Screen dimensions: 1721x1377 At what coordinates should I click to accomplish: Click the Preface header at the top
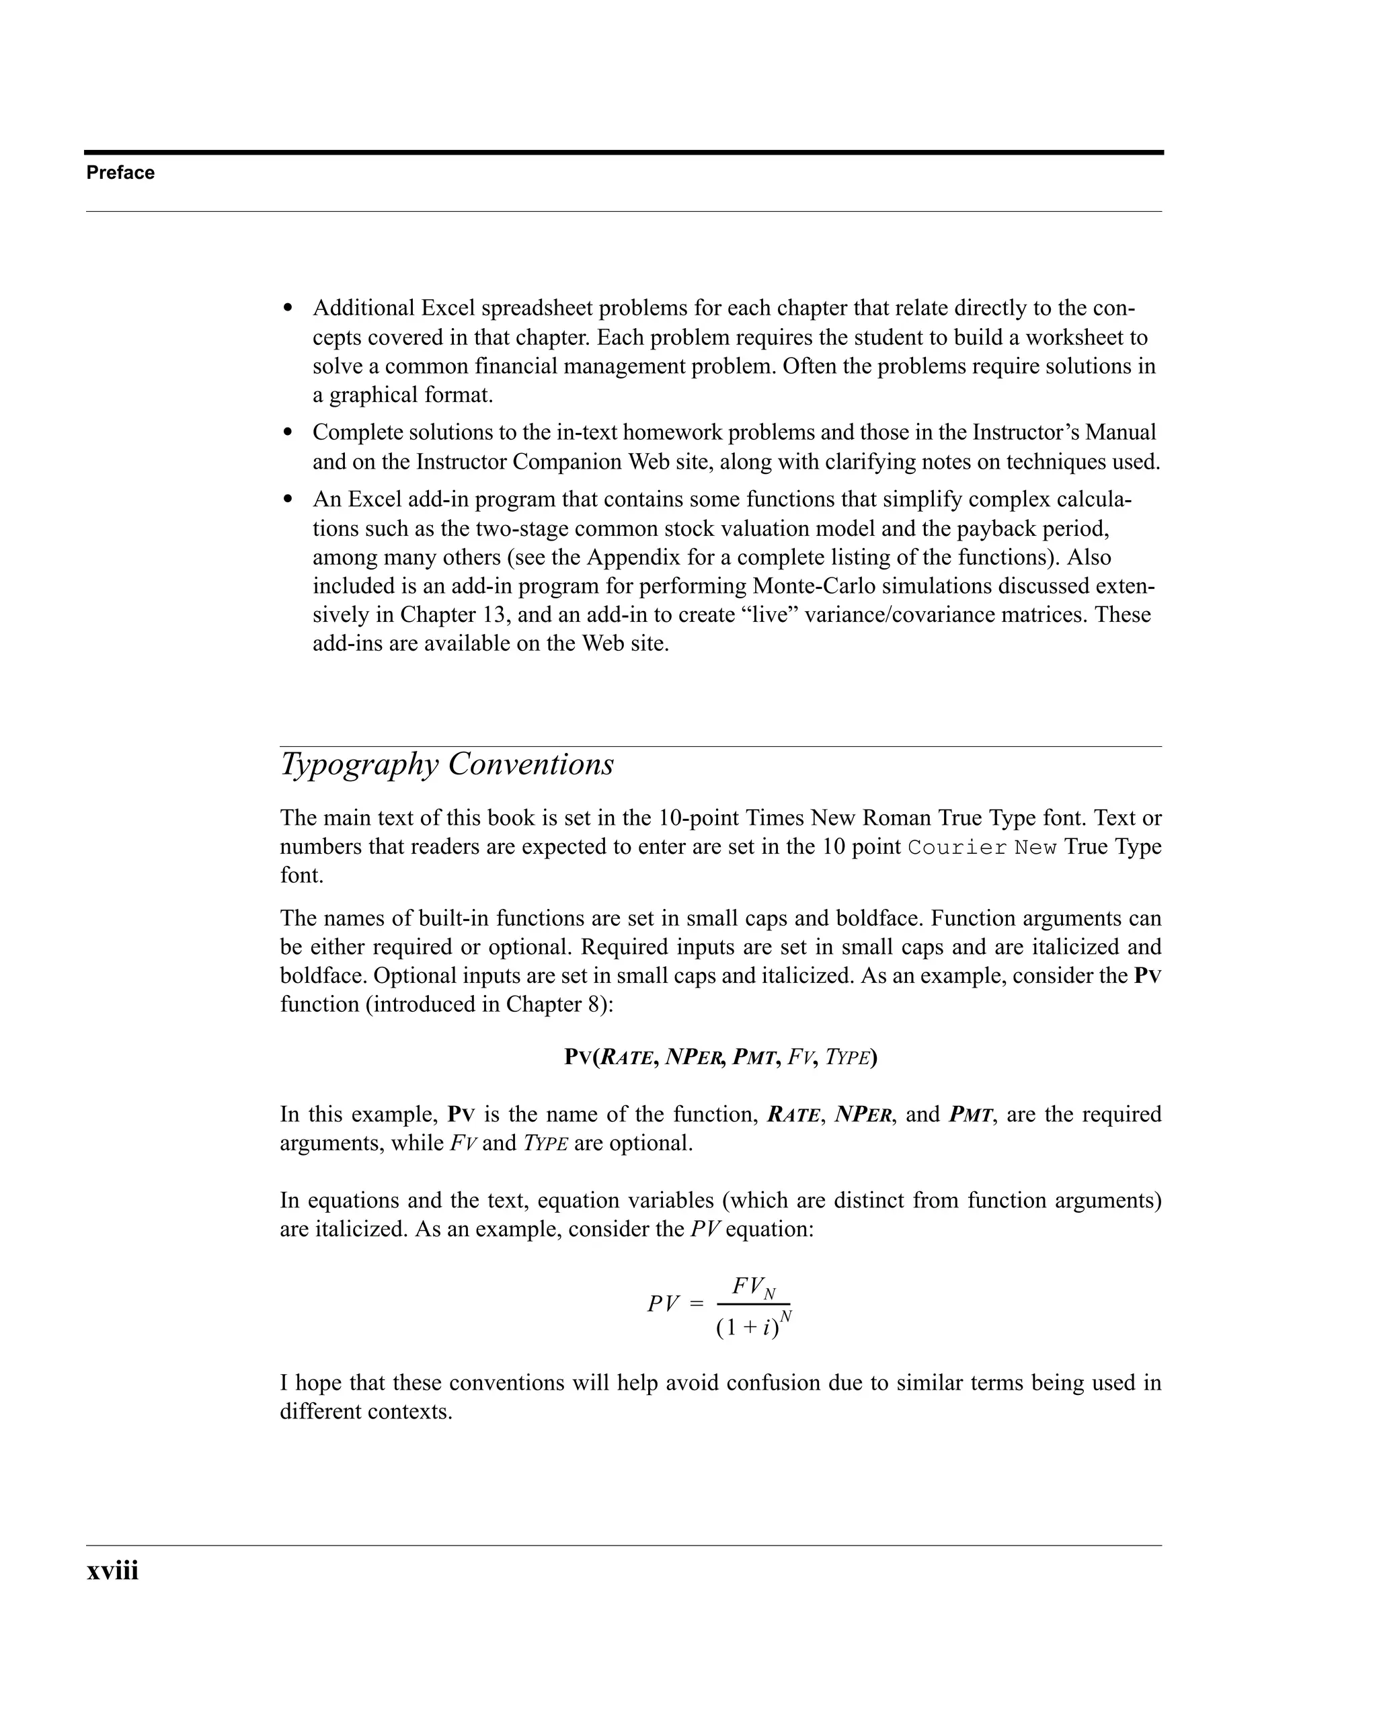(x=120, y=172)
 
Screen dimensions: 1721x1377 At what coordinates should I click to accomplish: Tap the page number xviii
(x=112, y=1570)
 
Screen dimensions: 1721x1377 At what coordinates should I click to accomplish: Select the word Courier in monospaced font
(x=957, y=847)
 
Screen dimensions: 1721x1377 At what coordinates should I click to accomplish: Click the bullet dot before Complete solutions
(x=289, y=434)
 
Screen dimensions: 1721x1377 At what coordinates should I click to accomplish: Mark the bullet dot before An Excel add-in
(x=289, y=500)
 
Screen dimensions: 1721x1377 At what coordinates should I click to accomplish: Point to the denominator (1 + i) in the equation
(x=747, y=1328)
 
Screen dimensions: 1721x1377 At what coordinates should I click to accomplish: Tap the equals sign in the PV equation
(x=696, y=1304)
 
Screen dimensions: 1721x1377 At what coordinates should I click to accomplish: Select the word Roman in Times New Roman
(x=899, y=818)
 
